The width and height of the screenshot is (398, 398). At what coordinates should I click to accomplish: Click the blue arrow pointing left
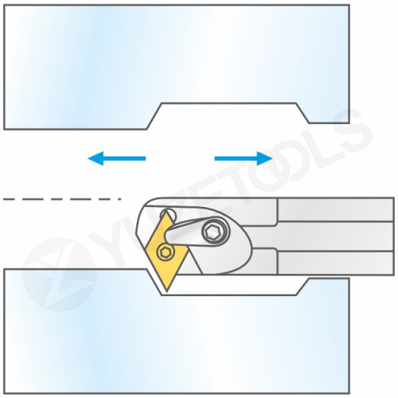click(116, 158)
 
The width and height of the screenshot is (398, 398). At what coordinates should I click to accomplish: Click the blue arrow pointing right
click(244, 158)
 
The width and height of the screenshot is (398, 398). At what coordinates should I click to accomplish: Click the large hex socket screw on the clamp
click(214, 232)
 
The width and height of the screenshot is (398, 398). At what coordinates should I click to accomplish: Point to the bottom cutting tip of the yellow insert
click(166, 291)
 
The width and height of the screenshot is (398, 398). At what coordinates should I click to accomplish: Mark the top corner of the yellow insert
click(166, 213)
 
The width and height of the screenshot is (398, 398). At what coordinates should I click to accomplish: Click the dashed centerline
click(62, 199)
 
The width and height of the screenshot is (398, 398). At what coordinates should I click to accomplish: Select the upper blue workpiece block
click(176, 66)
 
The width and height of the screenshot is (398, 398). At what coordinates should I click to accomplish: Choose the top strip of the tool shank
click(335, 209)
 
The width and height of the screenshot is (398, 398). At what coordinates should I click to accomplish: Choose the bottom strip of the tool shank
click(335, 263)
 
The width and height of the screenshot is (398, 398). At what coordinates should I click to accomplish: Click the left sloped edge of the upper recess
click(154, 116)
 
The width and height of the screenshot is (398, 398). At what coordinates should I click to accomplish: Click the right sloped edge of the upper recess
click(302, 113)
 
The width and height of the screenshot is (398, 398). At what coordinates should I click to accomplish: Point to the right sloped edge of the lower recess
click(302, 287)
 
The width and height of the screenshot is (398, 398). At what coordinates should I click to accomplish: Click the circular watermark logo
click(59, 275)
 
